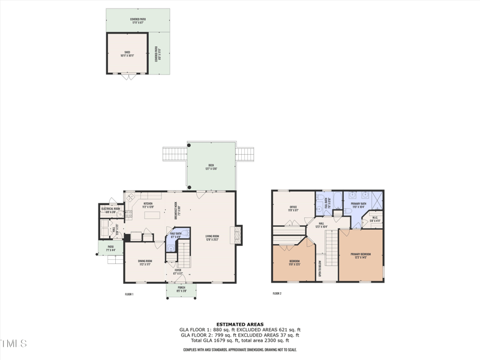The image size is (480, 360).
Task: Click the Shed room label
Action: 127,53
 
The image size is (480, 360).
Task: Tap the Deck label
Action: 211,166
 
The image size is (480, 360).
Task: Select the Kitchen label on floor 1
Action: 148,204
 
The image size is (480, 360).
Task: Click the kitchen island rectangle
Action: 153,215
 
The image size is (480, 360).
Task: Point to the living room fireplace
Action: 239,235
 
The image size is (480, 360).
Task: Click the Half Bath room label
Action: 176,235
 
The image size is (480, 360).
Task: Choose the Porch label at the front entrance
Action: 181,289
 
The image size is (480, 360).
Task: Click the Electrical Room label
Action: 113,211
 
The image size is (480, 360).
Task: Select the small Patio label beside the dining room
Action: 110,247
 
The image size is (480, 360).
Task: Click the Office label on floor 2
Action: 293,208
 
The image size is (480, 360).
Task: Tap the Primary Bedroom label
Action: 361,255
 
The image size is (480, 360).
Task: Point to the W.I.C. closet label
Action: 374,219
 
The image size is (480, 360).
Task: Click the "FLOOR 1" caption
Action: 129,294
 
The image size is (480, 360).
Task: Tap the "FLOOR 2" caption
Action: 277,293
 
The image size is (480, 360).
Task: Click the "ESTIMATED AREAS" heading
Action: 239,325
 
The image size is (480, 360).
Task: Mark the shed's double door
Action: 127,76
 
